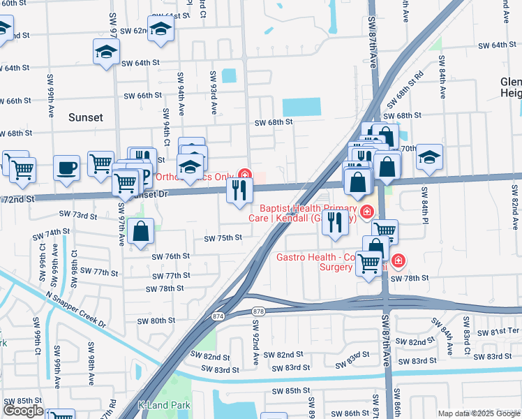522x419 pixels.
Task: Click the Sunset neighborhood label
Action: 86,117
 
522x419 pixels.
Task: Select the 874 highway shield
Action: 218,316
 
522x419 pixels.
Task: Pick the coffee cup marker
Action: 67,168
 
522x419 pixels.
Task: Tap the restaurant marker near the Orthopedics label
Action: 239,190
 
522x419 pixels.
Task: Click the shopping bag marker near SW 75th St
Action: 140,232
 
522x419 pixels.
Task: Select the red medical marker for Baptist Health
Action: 366,210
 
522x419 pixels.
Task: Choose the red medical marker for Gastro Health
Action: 398,261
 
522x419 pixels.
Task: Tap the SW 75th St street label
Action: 223,238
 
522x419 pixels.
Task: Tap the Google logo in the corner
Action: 23,411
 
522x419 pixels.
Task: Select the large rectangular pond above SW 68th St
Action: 301,107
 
